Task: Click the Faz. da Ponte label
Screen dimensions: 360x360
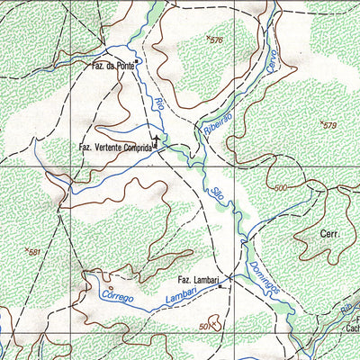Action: click(111, 66)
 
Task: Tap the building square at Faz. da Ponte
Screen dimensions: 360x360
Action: click(137, 63)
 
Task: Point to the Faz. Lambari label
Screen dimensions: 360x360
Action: click(197, 280)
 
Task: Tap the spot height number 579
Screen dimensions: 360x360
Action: click(329, 125)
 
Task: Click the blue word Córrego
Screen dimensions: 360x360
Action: click(119, 295)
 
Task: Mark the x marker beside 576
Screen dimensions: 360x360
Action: click(208, 38)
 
